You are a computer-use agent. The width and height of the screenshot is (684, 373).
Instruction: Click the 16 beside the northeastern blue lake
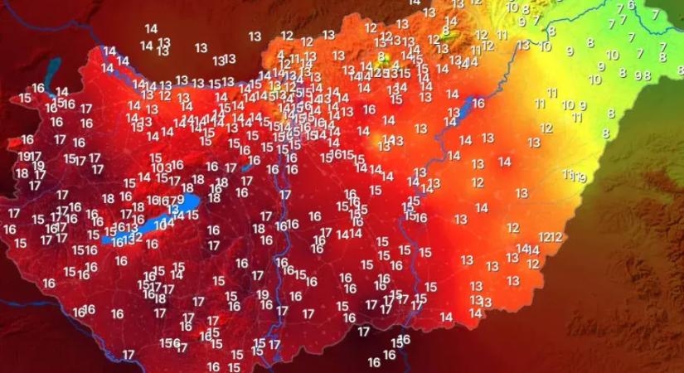(x=478, y=103)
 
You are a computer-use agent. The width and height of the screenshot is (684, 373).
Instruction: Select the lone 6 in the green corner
(x=631, y=5)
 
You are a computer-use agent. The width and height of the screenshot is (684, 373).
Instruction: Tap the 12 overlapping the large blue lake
(x=136, y=237)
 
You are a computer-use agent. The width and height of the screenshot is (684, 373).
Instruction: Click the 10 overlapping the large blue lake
(x=160, y=224)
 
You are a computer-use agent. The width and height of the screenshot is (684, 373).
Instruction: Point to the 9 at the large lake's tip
(x=181, y=200)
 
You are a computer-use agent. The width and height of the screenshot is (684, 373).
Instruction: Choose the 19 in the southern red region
(x=262, y=294)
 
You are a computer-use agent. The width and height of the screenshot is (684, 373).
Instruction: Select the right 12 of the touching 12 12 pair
(x=556, y=237)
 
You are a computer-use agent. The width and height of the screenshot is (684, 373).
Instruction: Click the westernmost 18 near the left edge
(x=22, y=173)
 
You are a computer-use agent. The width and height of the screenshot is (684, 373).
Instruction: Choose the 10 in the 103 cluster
(x=158, y=167)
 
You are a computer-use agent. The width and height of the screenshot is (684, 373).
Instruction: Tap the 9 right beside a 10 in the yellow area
(x=582, y=105)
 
